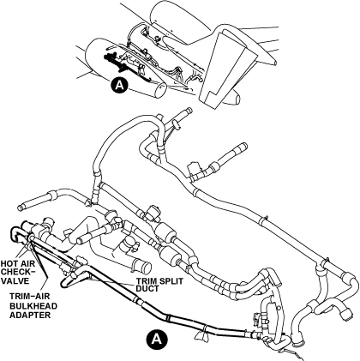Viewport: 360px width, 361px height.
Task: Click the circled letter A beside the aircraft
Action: pyautogui.click(x=119, y=86)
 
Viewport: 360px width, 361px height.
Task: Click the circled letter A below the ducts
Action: pyautogui.click(x=156, y=339)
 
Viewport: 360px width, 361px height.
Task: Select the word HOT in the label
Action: pyautogui.click(x=8, y=263)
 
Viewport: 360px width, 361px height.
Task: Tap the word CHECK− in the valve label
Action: pyautogui.click(x=17, y=272)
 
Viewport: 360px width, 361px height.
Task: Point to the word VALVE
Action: pyautogui.click(x=15, y=281)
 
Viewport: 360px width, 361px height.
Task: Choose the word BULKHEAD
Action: pyautogui.click(x=33, y=306)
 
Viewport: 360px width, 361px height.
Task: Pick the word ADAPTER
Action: pyautogui.click(x=30, y=315)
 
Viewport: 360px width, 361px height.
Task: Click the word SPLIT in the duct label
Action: pyautogui.click(x=171, y=281)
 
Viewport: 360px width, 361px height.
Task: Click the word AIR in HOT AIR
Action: pyautogui.click(x=23, y=263)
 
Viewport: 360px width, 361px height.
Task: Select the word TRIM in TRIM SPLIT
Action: pyautogui.click(x=146, y=281)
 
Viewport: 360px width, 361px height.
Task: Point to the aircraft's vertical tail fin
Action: pyautogui.click(x=221, y=68)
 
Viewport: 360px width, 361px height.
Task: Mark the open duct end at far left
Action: pyautogui.click(x=21, y=208)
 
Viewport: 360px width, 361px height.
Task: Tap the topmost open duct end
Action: pyautogui.click(x=189, y=110)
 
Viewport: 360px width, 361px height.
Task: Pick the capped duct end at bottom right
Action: pyautogui.click(x=347, y=316)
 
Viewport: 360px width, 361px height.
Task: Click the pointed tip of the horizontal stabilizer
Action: pyautogui.click(x=275, y=63)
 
